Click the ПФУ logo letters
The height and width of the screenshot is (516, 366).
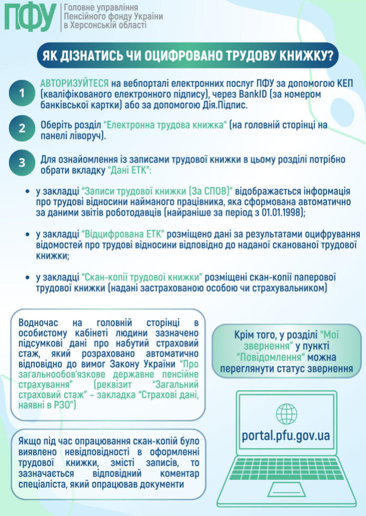(30, 17)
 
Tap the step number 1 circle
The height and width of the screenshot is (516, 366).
(22, 93)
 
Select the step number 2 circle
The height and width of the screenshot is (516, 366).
(22, 128)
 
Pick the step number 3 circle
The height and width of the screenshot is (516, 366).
(22, 163)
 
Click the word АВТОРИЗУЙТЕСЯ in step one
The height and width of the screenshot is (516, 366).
(75, 84)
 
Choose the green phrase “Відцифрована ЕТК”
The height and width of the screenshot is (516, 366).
(124, 233)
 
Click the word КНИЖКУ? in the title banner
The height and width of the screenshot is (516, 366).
(301, 56)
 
